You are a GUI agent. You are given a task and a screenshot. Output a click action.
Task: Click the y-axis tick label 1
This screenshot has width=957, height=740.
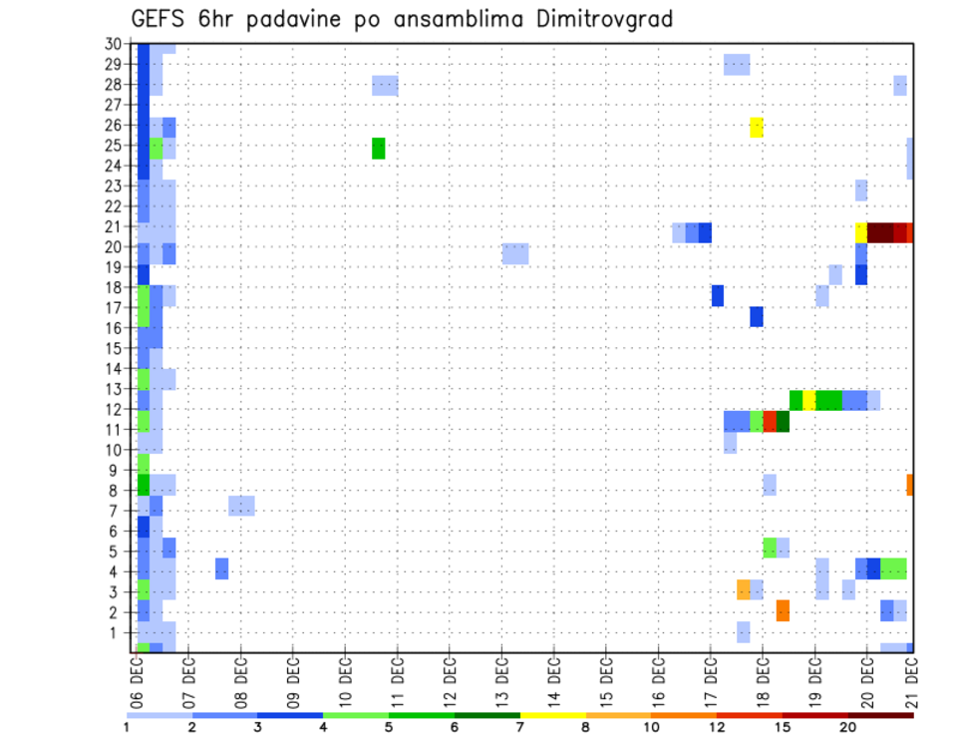[118, 632]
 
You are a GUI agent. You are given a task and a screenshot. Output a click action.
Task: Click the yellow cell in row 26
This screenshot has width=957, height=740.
[757, 127]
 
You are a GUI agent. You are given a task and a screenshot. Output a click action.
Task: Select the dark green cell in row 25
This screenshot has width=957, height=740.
[379, 148]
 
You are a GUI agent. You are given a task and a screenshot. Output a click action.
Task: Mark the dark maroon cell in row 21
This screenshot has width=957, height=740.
[880, 232]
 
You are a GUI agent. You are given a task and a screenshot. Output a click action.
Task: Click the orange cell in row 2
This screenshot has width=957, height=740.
[783, 610]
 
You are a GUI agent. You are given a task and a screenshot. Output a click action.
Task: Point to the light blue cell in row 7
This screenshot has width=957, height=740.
[241, 506]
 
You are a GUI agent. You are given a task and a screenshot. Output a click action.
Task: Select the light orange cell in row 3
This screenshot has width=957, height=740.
[744, 589]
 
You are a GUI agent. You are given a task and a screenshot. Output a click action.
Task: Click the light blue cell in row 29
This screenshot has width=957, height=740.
[737, 65]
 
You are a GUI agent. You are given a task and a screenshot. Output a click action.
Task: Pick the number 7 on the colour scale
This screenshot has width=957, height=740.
[520, 727]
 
